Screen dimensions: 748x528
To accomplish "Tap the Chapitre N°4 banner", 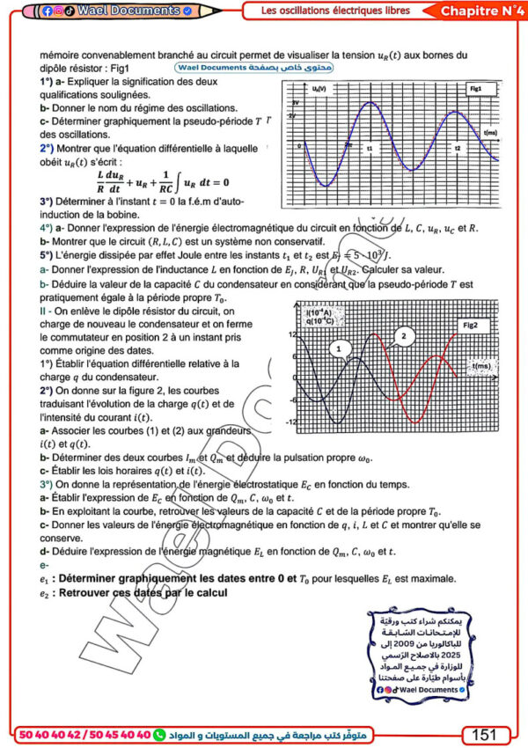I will coord(478,11).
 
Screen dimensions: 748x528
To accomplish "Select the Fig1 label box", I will coord(475,90).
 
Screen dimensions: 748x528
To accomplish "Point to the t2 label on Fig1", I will coord(458,149).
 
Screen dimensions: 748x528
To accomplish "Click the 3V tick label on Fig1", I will coord(296,104).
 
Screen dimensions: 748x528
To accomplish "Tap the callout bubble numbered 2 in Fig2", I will coord(403,335).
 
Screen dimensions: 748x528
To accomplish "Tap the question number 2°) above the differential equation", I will coord(48,150).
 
